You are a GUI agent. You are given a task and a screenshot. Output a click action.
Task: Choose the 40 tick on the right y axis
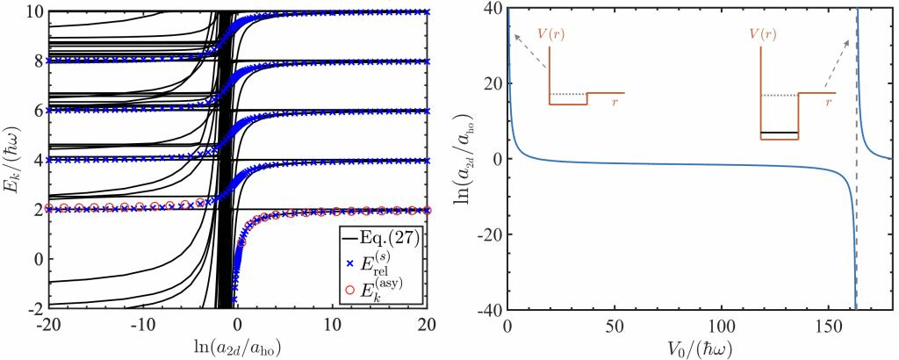pyautogui.click(x=493, y=11)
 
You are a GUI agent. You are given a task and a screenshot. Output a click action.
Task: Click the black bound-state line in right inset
pyautogui.click(x=780, y=133)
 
